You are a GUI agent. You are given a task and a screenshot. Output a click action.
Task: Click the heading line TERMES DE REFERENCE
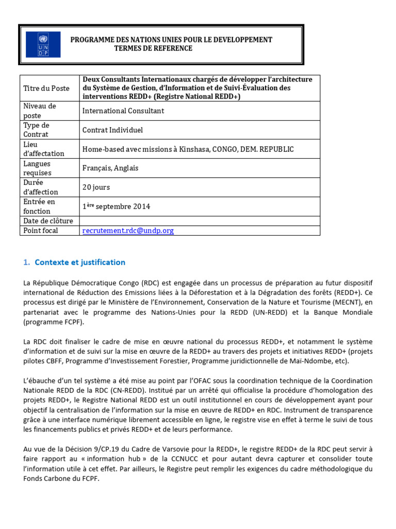point(153,49)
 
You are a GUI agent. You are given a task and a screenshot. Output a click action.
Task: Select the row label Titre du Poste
point(46,88)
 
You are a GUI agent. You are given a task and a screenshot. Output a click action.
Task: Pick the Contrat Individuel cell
point(112,130)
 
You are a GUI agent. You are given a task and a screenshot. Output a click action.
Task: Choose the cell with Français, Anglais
point(110,168)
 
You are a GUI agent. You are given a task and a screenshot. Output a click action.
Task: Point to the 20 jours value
point(96,188)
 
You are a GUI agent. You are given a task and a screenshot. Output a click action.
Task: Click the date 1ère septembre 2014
point(116,207)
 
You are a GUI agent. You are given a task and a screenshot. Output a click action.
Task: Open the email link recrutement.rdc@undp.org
point(128,231)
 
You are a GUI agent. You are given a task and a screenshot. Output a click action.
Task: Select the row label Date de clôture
point(48,221)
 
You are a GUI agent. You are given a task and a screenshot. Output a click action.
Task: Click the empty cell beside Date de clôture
point(200,221)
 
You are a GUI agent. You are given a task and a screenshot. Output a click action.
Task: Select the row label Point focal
point(41,231)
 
